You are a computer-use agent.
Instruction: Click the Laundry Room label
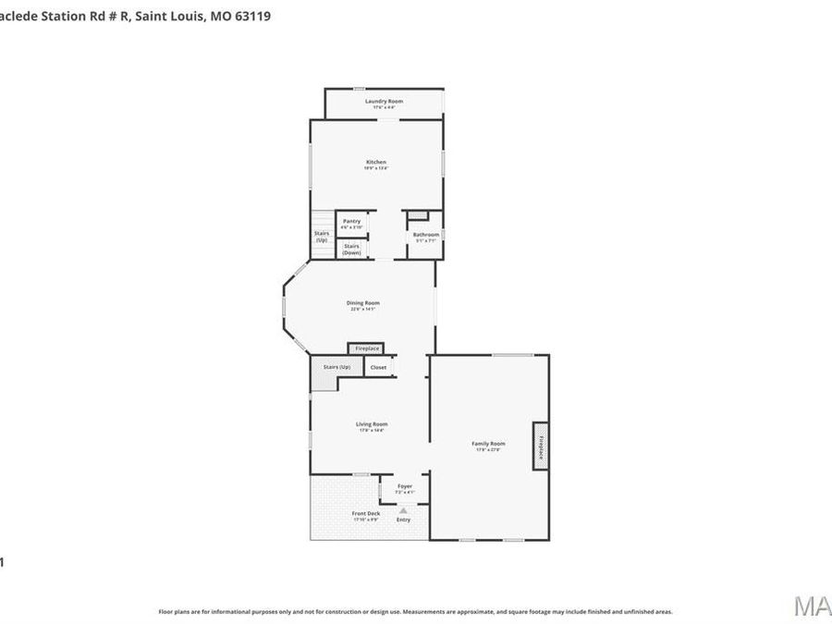[384, 101]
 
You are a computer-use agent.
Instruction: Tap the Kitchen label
[376, 162]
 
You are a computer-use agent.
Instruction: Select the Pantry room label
[351, 221]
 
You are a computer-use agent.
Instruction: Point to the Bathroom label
[426, 234]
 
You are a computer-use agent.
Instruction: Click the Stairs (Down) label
[351, 249]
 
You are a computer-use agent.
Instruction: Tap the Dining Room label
[362, 302]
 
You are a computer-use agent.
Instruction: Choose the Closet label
[378, 367]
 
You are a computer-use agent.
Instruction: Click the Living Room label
[372, 424]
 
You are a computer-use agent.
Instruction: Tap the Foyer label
[405, 485]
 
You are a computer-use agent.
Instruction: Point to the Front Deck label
[366, 513]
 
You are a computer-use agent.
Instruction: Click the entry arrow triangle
[403, 509]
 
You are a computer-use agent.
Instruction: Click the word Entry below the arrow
[403, 520]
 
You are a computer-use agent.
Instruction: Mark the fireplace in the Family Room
[541, 447]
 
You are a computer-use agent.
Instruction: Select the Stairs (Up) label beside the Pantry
[322, 237]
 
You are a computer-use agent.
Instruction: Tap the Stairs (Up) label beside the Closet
[336, 367]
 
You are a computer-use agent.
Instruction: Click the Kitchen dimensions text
[376, 168]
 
